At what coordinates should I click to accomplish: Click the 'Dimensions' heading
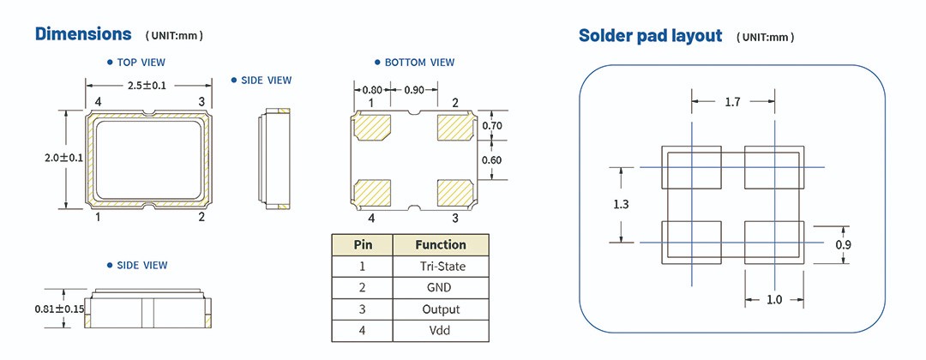click(x=83, y=34)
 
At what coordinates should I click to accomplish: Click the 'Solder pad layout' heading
click(x=651, y=36)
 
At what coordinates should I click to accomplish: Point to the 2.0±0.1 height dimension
click(x=64, y=157)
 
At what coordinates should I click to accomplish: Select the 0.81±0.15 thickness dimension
click(x=59, y=309)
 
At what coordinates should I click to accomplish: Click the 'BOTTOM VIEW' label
click(x=419, y=63)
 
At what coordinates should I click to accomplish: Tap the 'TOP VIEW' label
click(x=141, y=63)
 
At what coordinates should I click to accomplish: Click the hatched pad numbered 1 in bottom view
click(x=373, y=128)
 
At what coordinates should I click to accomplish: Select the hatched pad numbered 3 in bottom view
click(x=455, y=190)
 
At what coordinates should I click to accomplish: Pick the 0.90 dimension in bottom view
click(x=413, y=90)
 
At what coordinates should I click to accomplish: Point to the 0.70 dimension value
click(x=492, y=126)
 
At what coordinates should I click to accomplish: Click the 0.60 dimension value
click(x=492, y=159)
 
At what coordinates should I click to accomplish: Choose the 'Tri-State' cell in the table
click(x=441, y=267)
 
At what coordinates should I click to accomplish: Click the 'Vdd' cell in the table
click(x=441, y=330)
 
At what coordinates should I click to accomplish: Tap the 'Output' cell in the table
click(x=441, y=309)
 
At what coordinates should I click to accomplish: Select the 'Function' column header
click(x=441, y=244)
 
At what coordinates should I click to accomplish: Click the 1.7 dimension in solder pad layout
click(x=732, y=102)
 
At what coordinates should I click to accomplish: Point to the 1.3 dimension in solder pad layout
click(x=622, y=204)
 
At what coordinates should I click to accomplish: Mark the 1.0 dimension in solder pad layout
click(x=775, y=299)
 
